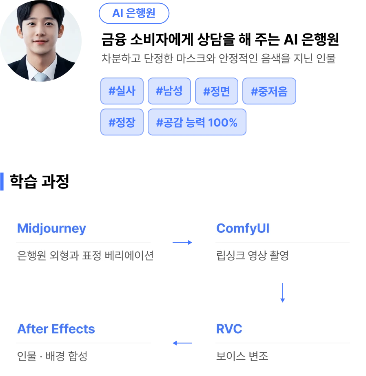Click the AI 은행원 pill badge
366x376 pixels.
tap(134, 13)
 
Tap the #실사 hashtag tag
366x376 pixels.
tap(122, 91)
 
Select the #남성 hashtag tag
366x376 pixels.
tap(169, 91)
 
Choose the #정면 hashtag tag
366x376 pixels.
tap(217, 91)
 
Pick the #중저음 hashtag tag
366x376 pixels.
tap(269, 91)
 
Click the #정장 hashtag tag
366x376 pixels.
tap(122, 122)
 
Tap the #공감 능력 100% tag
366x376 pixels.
tap(197, 122)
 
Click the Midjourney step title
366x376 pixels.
tap(51, 228)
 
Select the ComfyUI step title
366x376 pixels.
tap(243, 228)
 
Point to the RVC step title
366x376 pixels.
tap(229, 329)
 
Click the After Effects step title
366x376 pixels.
tap(56, 329)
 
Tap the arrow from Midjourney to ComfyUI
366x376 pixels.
tap(182, 242)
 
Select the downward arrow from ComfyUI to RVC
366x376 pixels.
tap(282, 292)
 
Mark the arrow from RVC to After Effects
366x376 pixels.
tap(182, 343)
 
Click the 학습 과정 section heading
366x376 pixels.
tap(39, 181)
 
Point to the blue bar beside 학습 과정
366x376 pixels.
tap(2, 181)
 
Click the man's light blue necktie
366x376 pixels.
tap(41, 77)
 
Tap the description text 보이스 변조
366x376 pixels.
tap(242, 356)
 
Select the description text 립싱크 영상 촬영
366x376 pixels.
tap(253, 255)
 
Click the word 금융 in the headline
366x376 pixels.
tap(114, 39)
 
